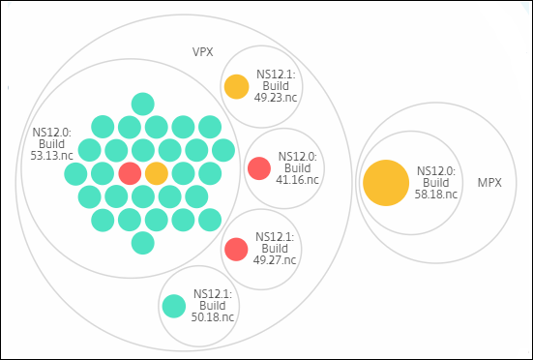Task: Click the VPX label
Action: pos(202,52)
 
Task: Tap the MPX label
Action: pos(489,183)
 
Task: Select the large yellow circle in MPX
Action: pos(386,183)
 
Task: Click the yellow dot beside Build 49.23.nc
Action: pos(237,87)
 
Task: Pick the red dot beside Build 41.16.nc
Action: pos(259,168)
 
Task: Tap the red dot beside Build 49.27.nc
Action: pos(236,250)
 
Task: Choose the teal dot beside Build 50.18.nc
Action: pos(174,306)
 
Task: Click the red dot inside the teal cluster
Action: pos(130,173)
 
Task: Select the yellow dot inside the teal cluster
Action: pos(157,173)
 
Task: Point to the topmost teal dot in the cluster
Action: pos(143,104)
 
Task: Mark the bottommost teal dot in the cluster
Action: pos(143,243)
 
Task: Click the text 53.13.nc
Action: pos(51,156)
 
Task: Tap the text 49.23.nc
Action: pos(276,98)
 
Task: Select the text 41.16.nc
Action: pos(297,180)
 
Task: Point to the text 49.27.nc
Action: pos(275,260)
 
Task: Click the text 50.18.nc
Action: pos(213,317)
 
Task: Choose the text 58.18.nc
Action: pos(436,195)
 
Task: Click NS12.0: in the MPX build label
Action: pos(436,171)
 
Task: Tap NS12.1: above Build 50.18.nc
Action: pos(213,294)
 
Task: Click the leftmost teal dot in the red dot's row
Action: pos(75,173)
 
